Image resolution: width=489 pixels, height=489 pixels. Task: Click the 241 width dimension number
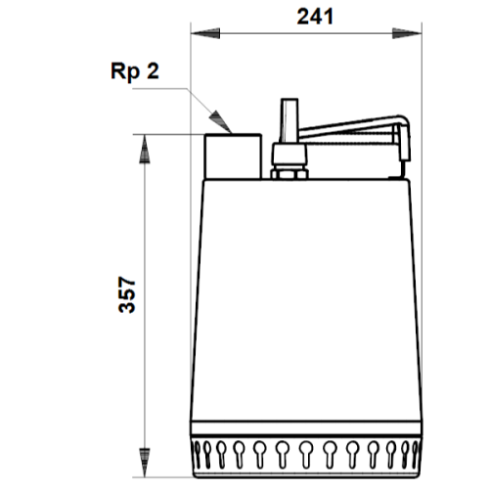coord(315,17)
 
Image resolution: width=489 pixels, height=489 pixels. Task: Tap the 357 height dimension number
coord(126,295)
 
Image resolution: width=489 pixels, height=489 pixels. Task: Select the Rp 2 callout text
coord(135,71)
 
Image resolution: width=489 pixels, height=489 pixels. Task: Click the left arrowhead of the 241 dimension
coord(205,33)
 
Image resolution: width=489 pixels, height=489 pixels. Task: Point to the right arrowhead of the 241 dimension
coord(407,33)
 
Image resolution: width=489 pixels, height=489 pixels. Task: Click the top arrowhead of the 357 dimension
coord(145,149)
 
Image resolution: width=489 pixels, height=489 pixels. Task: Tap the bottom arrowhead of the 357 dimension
coord(145,463)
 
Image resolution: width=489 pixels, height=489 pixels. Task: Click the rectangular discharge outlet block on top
coord(233,156)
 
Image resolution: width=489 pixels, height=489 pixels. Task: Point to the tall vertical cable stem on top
coord(289,120)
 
